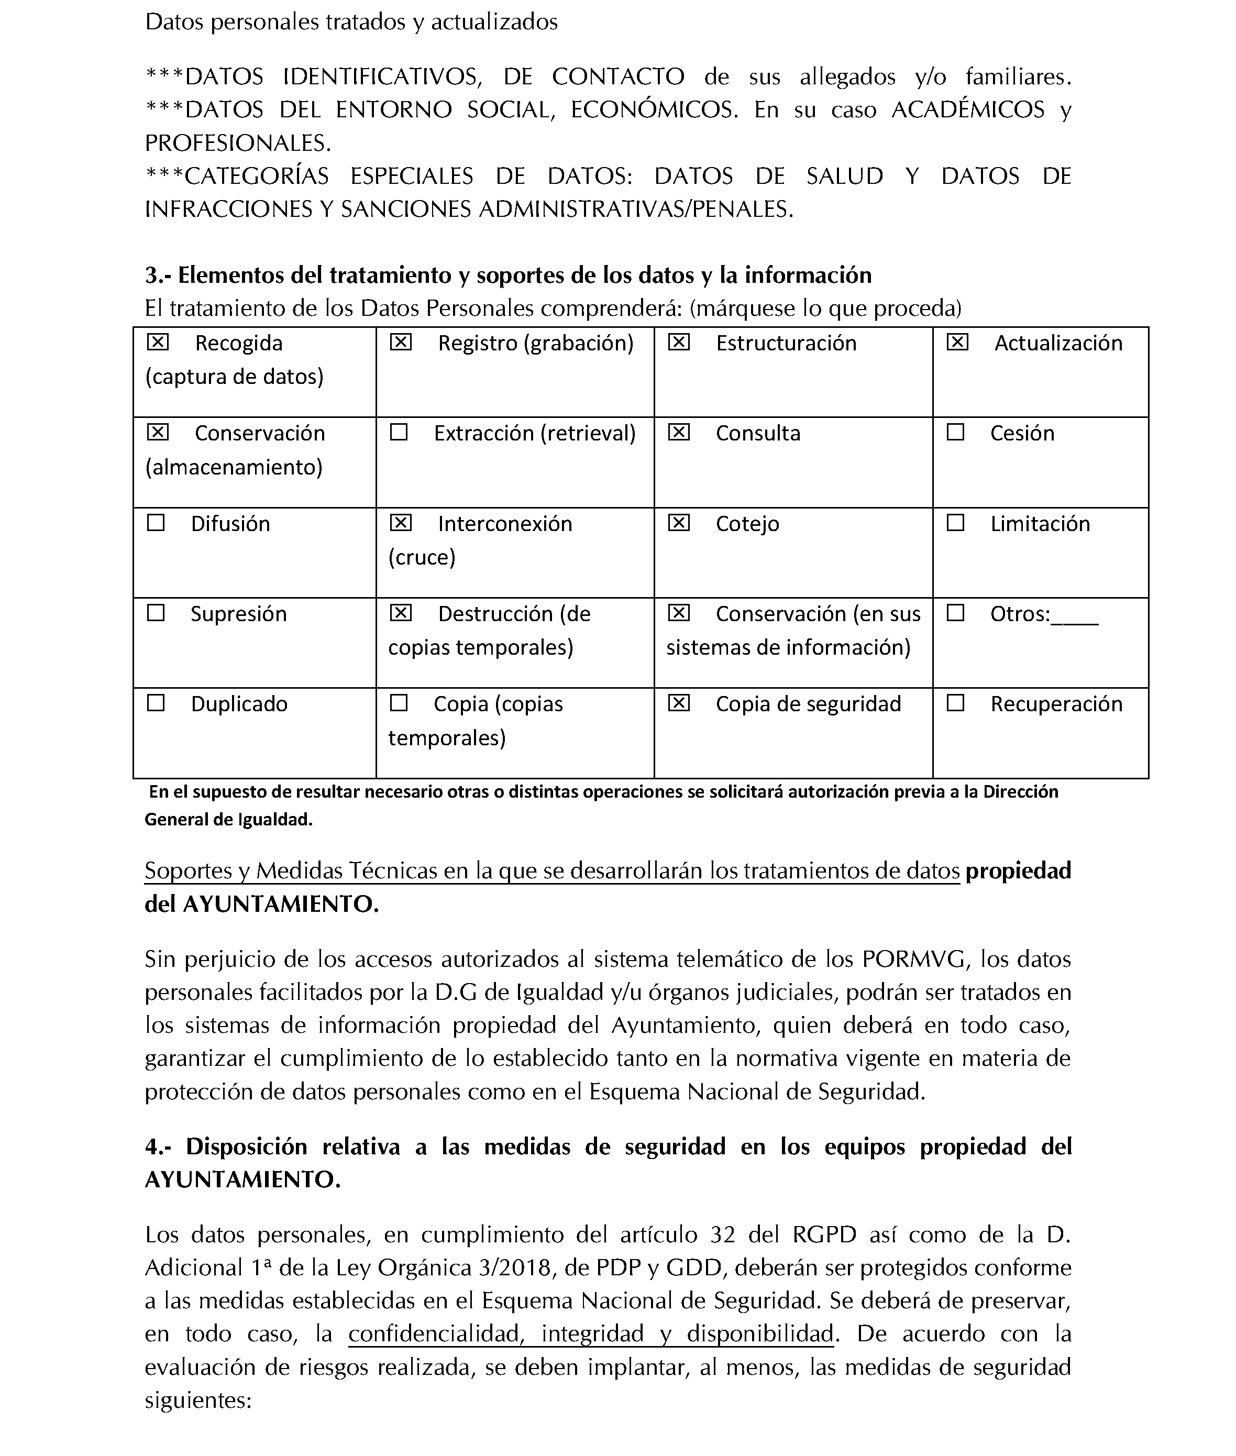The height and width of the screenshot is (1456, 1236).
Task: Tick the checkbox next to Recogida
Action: click(x=158, y=342)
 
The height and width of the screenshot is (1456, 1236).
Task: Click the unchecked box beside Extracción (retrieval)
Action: click(x=399, y=432)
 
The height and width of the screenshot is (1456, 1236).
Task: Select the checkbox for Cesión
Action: click(x=955, y=432)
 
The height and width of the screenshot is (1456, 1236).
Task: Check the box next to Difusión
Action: click(x=156, y=523)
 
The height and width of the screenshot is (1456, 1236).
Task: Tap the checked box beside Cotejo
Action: click(x=678, y=523)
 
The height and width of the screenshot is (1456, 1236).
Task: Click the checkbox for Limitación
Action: click(x=955, y=523)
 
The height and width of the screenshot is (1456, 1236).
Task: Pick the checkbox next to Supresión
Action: click(x=156, y=613)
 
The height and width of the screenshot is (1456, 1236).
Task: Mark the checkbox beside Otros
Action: click(x=955, y=613)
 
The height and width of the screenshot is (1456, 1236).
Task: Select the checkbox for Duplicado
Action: click(x=156, y=703)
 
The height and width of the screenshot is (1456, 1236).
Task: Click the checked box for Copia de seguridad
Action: click(x=678, y=703)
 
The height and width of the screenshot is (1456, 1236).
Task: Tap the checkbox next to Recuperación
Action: click(x=955, y=703)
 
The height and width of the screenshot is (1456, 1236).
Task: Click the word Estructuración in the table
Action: click(x=786, y=344)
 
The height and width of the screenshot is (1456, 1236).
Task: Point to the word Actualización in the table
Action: click(x=1058, y=344)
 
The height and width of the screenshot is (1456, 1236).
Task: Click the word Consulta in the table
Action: click(x=757, y=434)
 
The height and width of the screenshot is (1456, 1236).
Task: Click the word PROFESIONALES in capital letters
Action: click(x=237, y=143)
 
